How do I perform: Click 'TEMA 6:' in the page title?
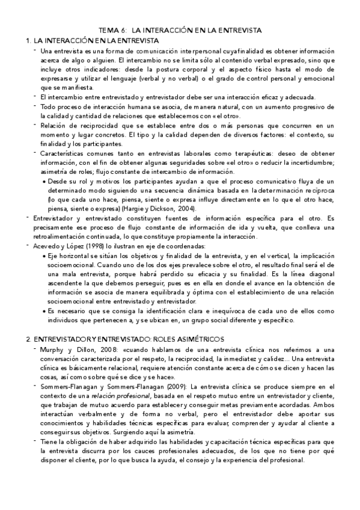(x=111, y=30)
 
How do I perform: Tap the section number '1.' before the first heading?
(x=28, y=40)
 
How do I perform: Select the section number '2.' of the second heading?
(x=29, y=339)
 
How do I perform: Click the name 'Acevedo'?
(x=47, y=247)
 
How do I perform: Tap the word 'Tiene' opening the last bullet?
(x=49, y=443)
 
